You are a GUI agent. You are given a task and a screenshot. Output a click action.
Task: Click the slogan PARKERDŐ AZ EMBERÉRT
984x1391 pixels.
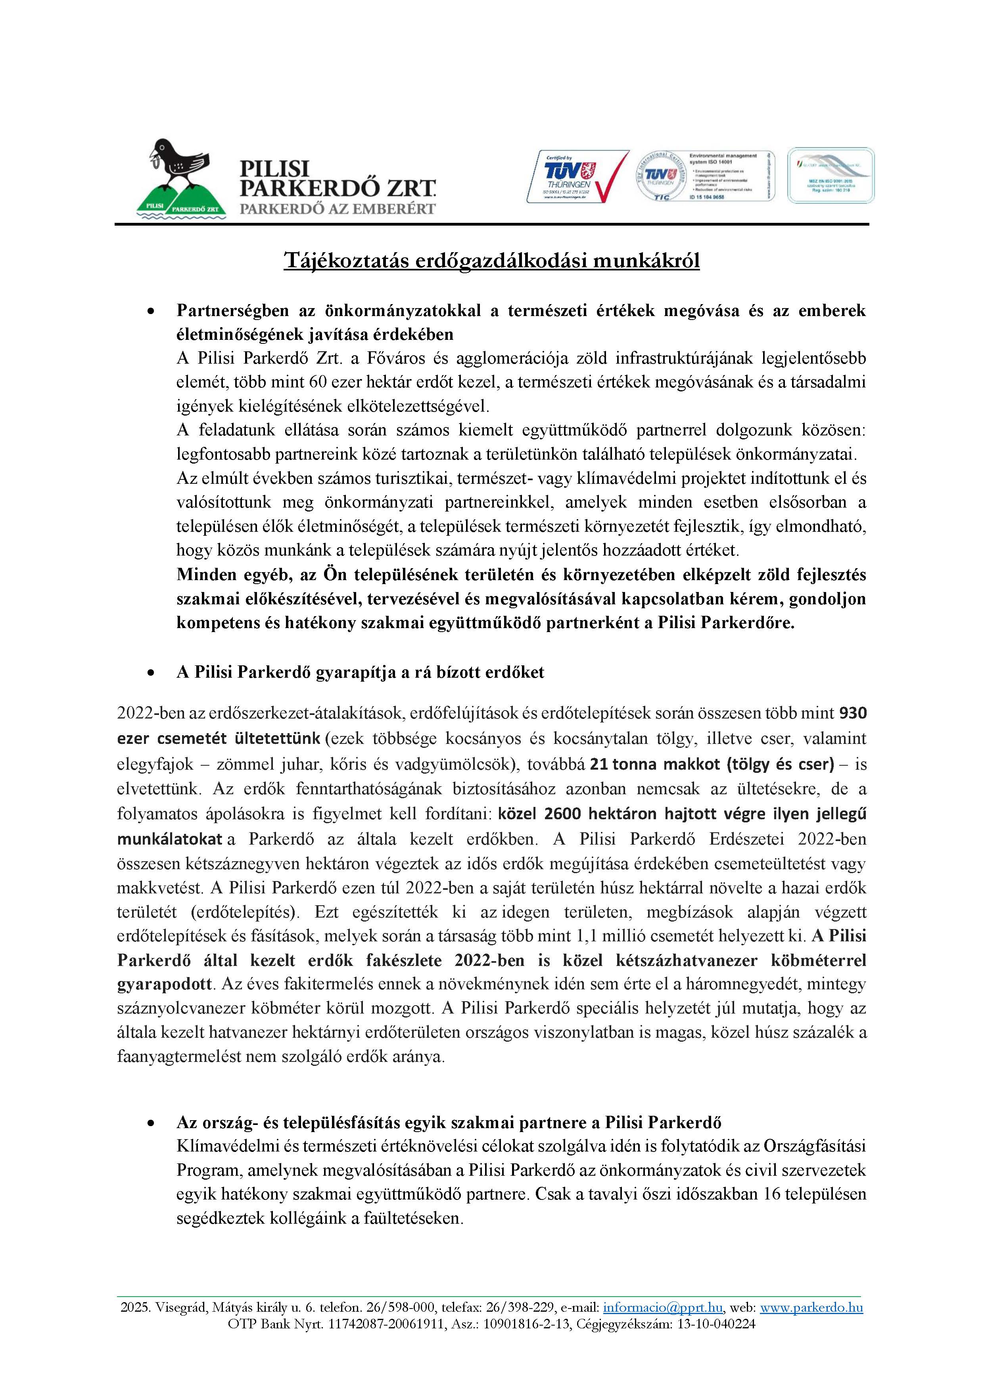pyautogui.click(x=338, y=209)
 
